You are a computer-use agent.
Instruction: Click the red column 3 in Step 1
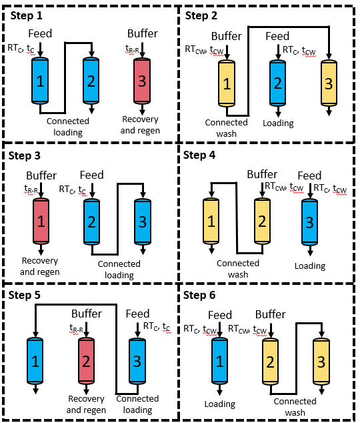[142, 81]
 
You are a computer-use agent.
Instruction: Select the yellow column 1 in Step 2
[227, 83]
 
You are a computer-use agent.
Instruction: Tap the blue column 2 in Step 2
[277, 83]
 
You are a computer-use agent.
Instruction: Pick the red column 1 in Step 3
[41, 221]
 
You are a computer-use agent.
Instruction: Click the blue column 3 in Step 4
[309, 222]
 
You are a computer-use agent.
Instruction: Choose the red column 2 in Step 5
[86, 360]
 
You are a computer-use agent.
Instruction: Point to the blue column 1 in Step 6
[219, 361]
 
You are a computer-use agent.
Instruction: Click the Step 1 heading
[27, 15]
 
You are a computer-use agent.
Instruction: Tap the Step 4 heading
[199, 155]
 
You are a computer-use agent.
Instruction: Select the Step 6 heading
[199, 295]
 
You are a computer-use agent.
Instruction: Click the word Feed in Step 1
[40, 33]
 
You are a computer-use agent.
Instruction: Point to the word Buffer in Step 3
[41, 175]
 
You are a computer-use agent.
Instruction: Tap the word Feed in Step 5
[138, 314]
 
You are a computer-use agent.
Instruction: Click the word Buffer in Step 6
[271, 314]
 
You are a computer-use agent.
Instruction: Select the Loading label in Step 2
[279, 123]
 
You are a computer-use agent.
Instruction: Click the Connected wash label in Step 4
[238, 269]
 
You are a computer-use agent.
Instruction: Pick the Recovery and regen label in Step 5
[86, 404]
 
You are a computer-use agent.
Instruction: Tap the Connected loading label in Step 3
[119, 270]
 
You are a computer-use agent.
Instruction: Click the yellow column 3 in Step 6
[321, 361]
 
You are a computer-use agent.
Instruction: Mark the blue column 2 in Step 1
[91, 80]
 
